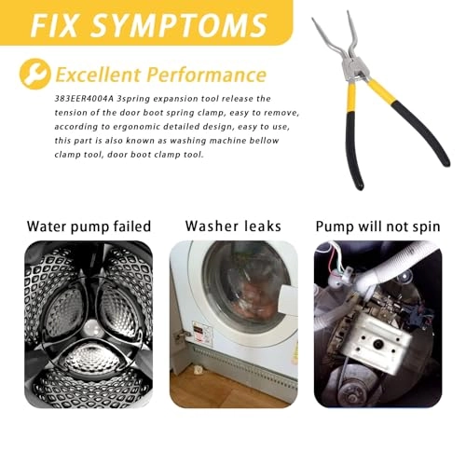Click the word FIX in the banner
click(59, 22)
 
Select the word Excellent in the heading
click(100, 75)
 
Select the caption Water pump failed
click(89, 226)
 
